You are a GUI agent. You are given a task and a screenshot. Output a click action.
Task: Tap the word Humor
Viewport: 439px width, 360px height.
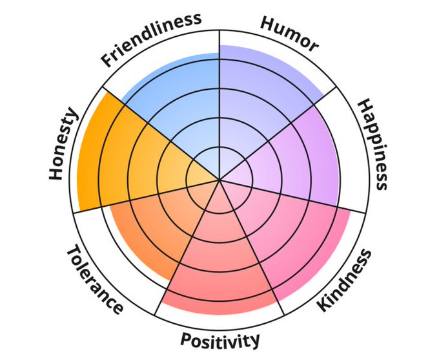(289, 34)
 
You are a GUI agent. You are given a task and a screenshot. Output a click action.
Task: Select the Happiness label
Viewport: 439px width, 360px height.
(374, 144)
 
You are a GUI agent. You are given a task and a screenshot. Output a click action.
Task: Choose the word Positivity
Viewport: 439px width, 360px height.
(220, 339)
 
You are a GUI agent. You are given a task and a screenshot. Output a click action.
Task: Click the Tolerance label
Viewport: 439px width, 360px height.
(94, 279)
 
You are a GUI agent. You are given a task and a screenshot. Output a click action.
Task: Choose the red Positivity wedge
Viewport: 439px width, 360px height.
(219, 265)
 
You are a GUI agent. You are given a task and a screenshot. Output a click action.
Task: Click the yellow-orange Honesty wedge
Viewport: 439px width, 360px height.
(123, 155)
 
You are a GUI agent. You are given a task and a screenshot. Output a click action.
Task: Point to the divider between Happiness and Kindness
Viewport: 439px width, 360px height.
(303, 200)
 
